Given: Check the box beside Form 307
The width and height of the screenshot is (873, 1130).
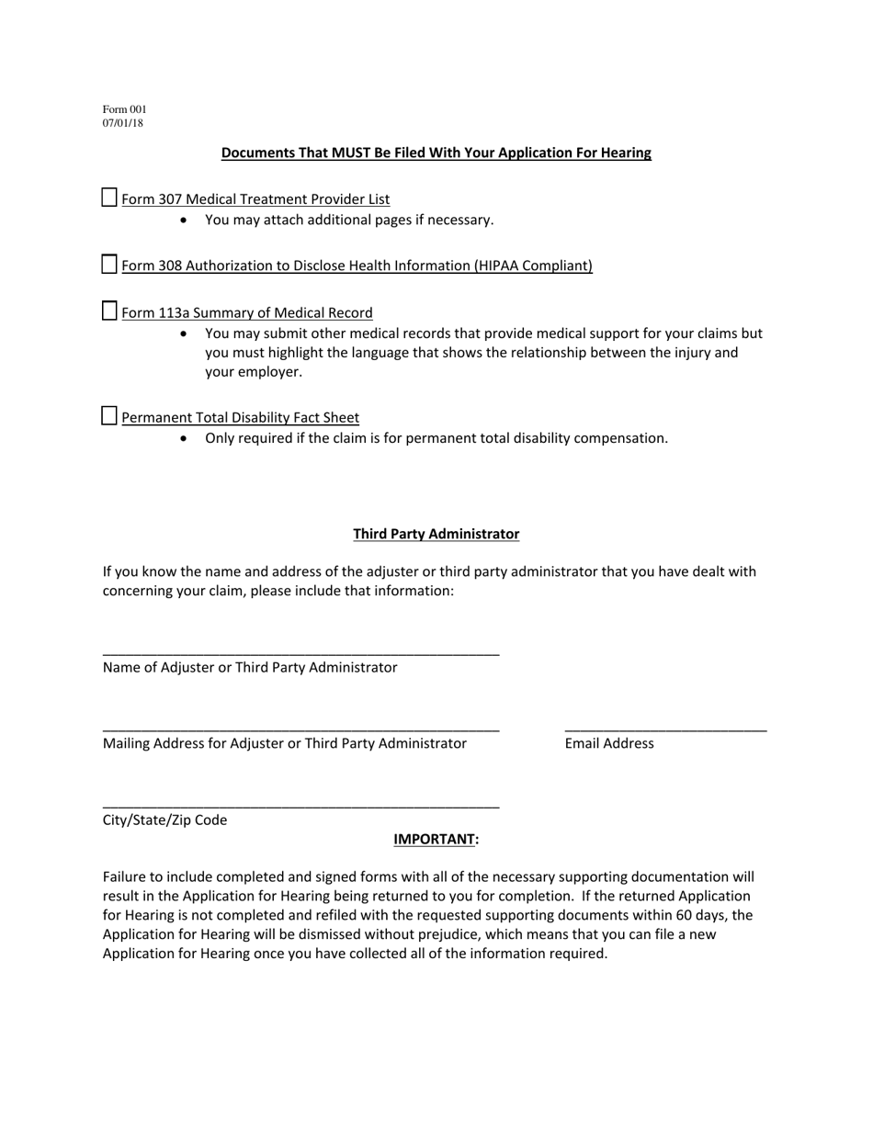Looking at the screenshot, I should [x=109, y=198].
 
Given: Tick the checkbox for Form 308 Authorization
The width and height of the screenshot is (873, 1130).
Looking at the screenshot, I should [x=109, y=265].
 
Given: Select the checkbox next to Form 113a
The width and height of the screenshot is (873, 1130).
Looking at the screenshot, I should [x=109, y=311].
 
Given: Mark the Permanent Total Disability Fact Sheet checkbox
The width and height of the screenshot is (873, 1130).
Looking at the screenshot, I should [x=109, y=416].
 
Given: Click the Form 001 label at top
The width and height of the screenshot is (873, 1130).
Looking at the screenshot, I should [x=124, y=109].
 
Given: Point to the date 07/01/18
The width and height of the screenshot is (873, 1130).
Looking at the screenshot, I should [x=123, y=123].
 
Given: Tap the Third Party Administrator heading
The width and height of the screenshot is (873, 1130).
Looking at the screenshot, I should [x=436, y=534].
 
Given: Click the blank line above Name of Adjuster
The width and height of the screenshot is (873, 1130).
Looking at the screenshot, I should [x=300, y=654].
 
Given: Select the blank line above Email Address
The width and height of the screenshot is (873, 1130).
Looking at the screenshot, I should [x=665, y=730].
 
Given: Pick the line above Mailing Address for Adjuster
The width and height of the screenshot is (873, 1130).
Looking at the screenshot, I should [x=300, y=730].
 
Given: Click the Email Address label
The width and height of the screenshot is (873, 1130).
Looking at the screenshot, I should [x=609, y=743].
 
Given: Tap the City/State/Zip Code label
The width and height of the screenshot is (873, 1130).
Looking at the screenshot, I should [x=164, y=819].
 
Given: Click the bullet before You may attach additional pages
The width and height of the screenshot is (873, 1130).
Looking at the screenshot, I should [x=185, y=220].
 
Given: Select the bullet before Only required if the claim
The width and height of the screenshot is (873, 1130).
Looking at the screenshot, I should [x=185, y=439].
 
